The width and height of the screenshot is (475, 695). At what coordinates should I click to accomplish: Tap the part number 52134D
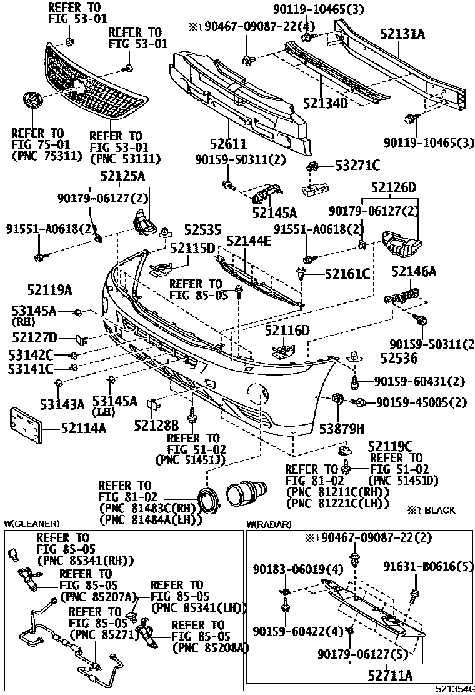(326, 102)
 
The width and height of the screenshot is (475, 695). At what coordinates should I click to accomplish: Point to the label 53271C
(357, 165)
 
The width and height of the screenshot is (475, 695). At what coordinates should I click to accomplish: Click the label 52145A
(275, 213)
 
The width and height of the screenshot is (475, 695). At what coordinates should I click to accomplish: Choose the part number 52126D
(393, 187)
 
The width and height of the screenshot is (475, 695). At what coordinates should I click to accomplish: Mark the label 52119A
(51, 289)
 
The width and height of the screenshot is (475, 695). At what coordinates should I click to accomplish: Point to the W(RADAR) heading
(269, 524)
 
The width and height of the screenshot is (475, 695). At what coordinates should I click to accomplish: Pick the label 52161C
(347, 273)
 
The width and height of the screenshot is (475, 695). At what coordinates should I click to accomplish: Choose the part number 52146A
(414, 271)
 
